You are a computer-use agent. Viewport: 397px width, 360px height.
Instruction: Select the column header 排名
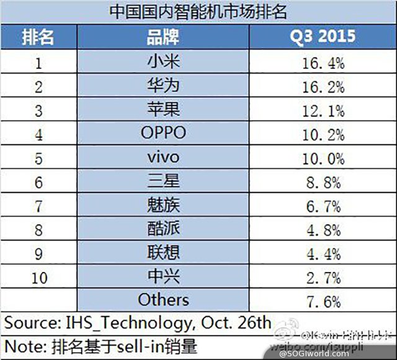coord(38,37)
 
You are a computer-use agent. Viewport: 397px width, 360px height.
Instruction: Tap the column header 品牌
coord(164,37)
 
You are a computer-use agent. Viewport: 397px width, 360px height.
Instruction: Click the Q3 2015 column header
coord(322,37)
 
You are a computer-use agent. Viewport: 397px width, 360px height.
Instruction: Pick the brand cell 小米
coord(164,62)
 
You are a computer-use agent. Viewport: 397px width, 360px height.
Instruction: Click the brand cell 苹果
coord(164,110)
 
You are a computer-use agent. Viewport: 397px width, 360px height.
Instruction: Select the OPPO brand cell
coord(164,133)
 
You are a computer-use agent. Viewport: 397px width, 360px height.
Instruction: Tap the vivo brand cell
coord(164,157)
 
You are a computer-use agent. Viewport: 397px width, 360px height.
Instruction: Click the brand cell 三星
coord(164,182)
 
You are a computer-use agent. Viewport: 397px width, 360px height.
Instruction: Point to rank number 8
coord(38,229)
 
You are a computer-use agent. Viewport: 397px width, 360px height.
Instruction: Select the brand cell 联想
coord(164,253)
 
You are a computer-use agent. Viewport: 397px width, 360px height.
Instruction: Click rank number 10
coord(38,277)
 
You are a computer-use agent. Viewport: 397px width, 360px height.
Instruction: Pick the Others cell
coord(164,301)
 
